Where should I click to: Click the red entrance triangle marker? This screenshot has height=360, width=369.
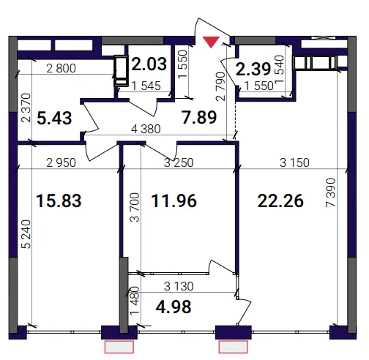coord(212,42)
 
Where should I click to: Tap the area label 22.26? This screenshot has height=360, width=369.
coord(280,201)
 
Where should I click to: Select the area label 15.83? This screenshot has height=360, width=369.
coord(59,200)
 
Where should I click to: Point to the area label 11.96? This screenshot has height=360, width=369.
coord(174,200)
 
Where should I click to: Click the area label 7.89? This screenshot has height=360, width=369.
coord(199,117)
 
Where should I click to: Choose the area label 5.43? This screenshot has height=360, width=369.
coord(54,118)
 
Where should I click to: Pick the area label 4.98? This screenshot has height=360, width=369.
coord(174,307)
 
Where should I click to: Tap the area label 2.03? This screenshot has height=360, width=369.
coord(149,64)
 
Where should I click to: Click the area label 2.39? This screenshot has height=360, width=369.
coord(253,69)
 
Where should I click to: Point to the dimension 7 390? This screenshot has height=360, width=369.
coord(331,193)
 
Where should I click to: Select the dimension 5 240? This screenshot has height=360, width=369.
coord(26,234)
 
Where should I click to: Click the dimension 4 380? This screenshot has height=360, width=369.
coord(146,129)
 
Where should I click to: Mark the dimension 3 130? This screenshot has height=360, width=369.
coord(179,286)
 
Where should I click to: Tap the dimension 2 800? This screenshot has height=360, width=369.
coord(61,68)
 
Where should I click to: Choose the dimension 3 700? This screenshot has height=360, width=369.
coord(135,207)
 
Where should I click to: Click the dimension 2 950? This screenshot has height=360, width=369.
coord(61,162)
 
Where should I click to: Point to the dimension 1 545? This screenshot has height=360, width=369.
coord(146,86)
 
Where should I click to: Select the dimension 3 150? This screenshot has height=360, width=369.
coord(294,162)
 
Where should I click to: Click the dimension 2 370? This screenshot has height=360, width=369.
coord(26,108)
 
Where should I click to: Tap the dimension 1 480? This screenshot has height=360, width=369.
coord(135,301)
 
